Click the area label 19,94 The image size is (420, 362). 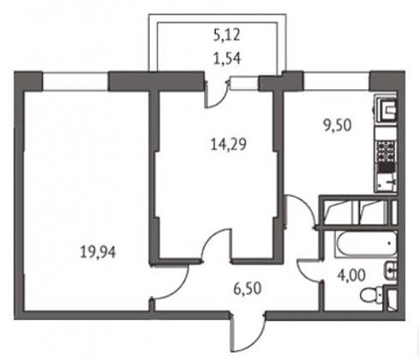98,252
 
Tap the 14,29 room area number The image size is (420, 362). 228,144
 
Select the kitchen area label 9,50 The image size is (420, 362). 337,125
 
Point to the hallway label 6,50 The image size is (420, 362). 248,288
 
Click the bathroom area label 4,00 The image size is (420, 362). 351,275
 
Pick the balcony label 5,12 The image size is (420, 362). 227,35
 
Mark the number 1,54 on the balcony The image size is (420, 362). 228,58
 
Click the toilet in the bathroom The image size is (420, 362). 371,295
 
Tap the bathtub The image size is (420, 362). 366,244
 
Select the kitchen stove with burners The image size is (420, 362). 387,151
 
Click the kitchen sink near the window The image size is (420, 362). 387,109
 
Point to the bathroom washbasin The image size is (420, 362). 391,271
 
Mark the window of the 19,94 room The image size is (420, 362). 75,81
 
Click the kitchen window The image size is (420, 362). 337,81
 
